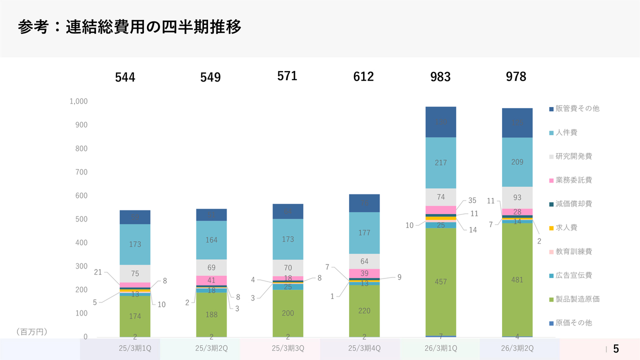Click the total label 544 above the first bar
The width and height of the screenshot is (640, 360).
click(125, 77)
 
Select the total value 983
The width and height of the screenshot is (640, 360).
click(440, 76)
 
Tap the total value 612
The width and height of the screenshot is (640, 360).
click(363, 76)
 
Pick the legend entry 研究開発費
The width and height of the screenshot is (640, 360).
click(573, 156)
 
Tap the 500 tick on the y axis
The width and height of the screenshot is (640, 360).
click(81, 219)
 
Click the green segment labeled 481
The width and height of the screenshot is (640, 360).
click(517, 280)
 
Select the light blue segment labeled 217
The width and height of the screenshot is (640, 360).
click(440, 162)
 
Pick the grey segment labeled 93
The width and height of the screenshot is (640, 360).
click(517, 197)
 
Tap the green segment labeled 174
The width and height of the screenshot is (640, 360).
click(135, 316)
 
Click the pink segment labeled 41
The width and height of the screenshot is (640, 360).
click(211, 280)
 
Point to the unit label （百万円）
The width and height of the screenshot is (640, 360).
click(31, 331)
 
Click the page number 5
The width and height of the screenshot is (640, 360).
click(616, 348)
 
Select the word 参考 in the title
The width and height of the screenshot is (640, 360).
click(33, 27)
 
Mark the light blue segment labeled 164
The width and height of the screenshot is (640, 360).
click(211, 240)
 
